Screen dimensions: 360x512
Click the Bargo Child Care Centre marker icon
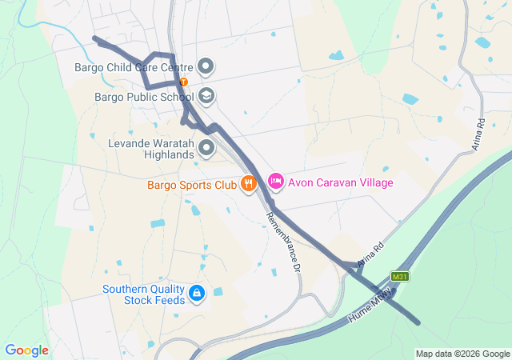coord(206,66)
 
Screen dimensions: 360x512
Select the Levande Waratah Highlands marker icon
coord(206,147)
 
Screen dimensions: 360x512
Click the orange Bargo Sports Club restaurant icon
coord(249,183)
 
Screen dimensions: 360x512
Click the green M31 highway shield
coord(401,276)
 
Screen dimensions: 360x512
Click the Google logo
coord(26,350)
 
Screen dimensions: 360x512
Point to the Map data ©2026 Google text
coord(462,354)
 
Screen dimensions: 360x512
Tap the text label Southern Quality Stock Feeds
coord(143,294)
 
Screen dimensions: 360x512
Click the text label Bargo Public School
coord(144,98)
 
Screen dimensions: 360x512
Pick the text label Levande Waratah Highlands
coord(151,149)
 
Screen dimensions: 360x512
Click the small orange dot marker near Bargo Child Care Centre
coord(184,82)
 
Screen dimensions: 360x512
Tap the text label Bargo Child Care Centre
coord(133,66)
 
